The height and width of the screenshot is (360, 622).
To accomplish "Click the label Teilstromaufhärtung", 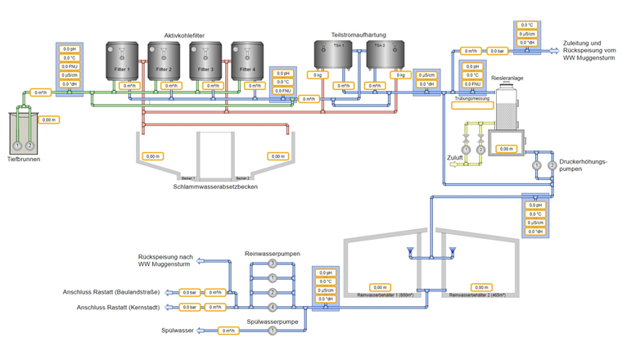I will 359,35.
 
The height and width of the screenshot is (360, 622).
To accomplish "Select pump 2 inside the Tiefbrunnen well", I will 30,145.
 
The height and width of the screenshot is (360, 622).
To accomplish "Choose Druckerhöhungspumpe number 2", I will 552,165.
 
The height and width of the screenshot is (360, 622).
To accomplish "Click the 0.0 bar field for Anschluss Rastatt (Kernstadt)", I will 189,307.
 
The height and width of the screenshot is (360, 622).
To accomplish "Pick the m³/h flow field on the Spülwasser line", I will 230,331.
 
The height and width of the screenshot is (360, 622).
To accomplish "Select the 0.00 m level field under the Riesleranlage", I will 507,149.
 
